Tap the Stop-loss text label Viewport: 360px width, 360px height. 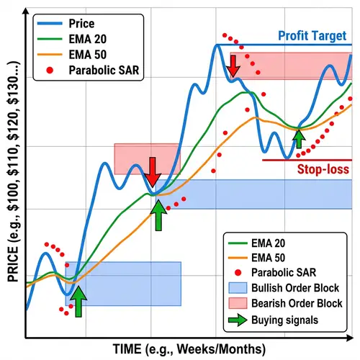point(323,170)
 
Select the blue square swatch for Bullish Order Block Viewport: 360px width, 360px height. point(235,287)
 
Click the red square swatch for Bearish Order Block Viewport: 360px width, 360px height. point(235,303)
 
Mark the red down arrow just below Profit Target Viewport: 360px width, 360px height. point(233,66)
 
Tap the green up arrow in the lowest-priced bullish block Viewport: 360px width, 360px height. point(78,300)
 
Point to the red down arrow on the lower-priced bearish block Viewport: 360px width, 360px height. point(153,171)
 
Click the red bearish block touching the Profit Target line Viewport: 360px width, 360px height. point(288,65)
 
